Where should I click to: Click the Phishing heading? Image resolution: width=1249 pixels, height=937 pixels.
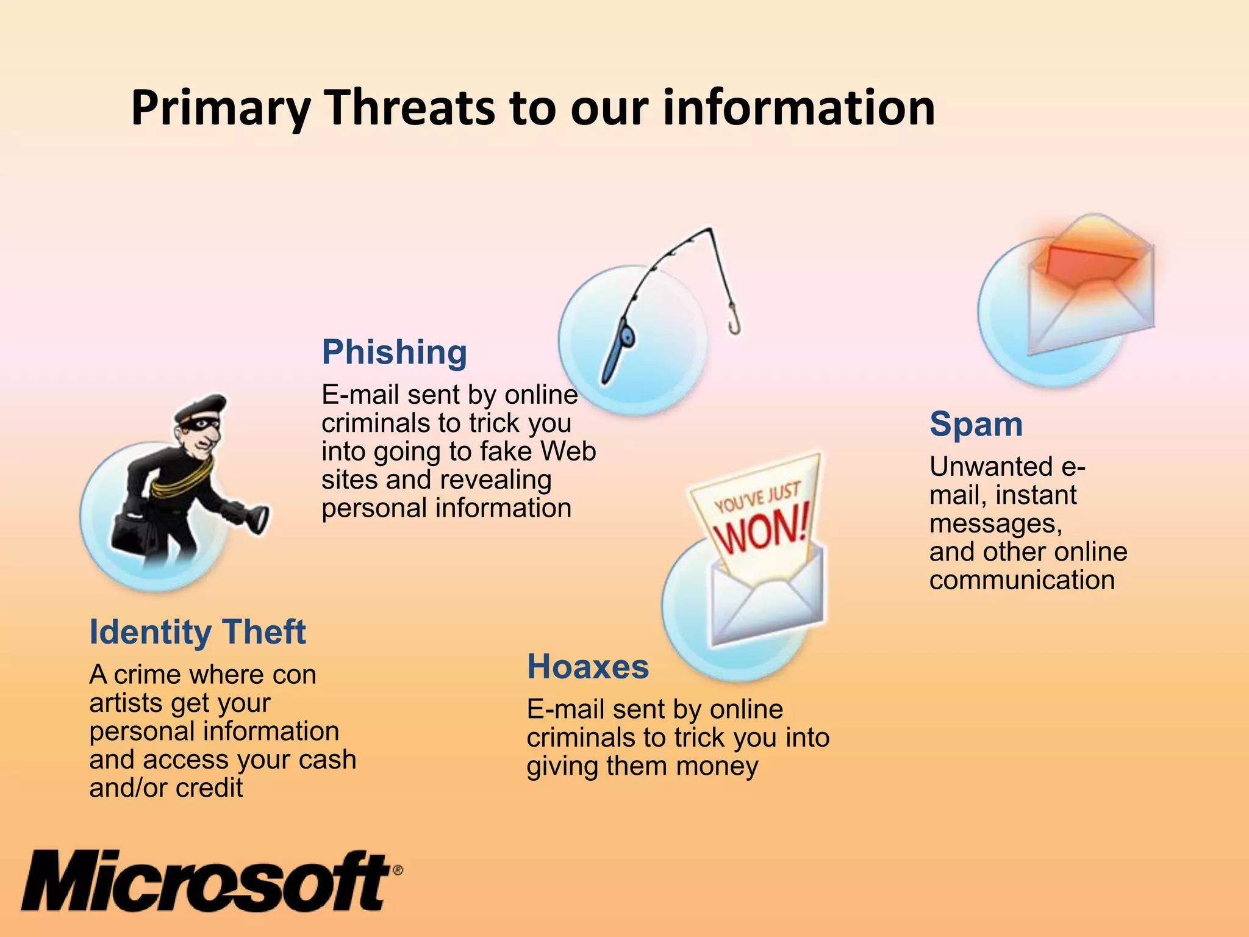[394, 352]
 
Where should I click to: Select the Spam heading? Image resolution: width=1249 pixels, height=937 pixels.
[976, 424]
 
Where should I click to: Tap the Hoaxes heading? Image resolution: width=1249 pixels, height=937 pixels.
[587, 666]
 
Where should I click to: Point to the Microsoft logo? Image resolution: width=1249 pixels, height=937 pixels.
[207, 881]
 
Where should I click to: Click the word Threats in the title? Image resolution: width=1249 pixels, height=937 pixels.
[410, 108]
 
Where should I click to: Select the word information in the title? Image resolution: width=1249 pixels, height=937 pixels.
[799, 108]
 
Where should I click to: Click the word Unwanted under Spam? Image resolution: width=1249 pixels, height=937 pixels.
[991, 467]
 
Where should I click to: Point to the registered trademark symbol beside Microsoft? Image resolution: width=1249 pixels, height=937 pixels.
[397, 870]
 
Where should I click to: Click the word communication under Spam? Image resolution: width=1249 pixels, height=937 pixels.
[1022, 580]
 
